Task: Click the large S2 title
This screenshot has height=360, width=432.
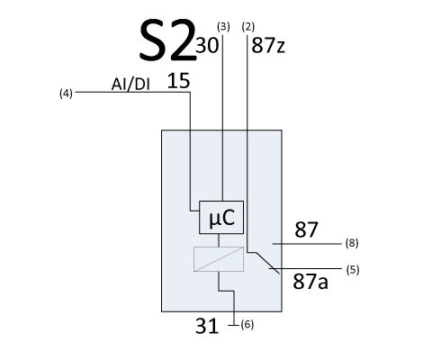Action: (x=166, y=40)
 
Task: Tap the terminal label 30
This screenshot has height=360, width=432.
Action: (x=207, y=46)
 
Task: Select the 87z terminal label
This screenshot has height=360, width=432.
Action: (x=268, y=46)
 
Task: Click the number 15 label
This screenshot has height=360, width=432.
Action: (x=178, y=81)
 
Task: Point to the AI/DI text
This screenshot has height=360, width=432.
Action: (x=130, y=85)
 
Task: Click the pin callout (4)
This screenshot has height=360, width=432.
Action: (x=66, y=94)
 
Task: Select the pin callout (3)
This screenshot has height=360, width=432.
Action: (x=223, y=27)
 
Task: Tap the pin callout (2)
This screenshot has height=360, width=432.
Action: (x=248, y=27)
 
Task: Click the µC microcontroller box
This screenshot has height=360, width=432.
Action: (x=221, y=217)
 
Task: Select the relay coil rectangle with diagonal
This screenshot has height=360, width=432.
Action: (x=219, y=259)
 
